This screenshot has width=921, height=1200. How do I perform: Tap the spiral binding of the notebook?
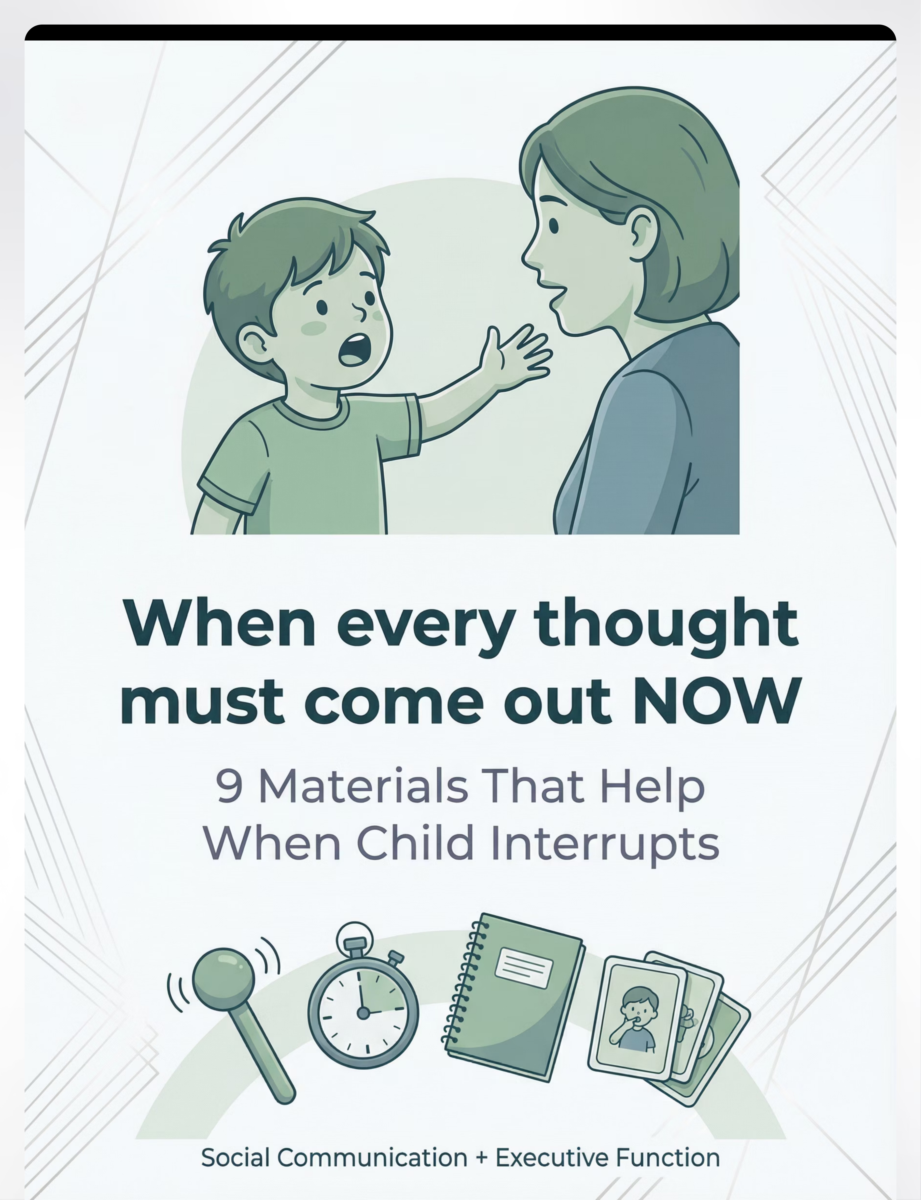465,981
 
